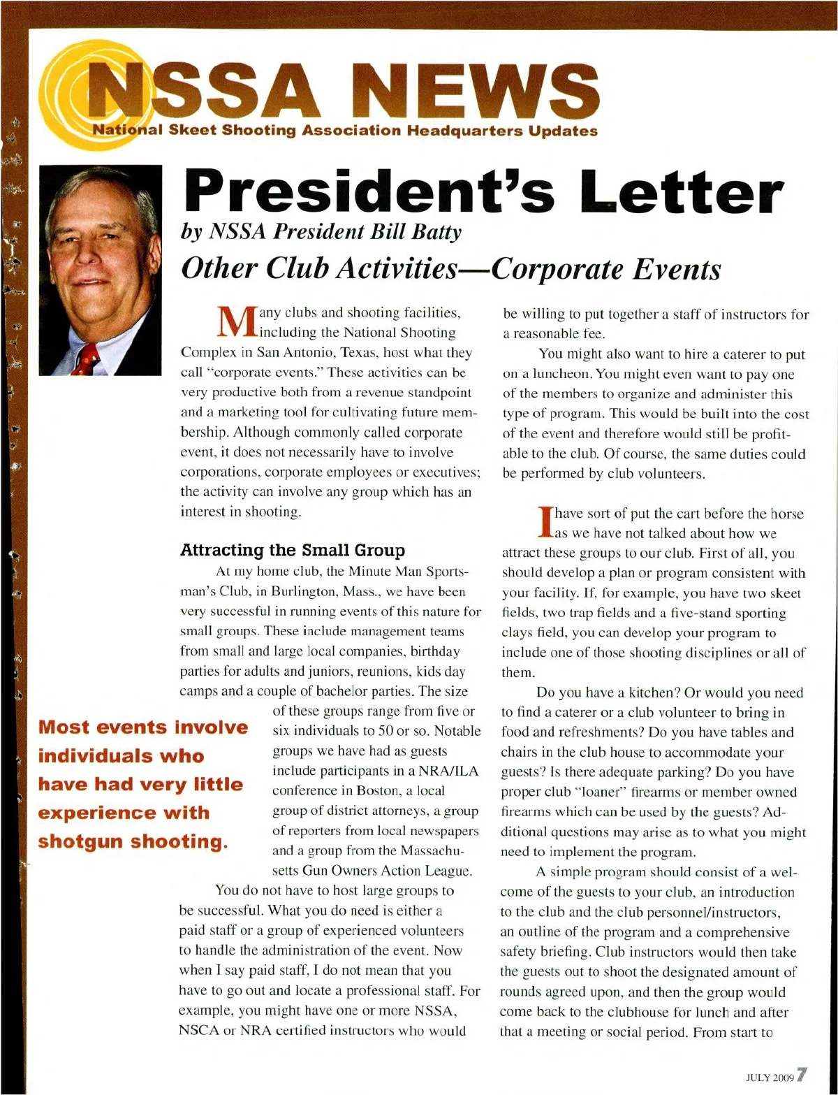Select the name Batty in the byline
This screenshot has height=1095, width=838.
click(x=437, y=231)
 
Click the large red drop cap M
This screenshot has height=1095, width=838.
click(x=231, y=324)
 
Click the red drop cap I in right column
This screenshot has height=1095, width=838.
click(x=546, y=523)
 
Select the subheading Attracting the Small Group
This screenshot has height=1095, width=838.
click(x=292, y=550)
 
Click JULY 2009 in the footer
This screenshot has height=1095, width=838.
click(x=770, y=1078)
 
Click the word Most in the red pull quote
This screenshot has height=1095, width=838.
click(x=64, y=727)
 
